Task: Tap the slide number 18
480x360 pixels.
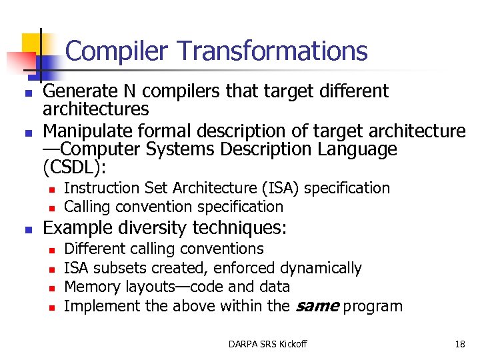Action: click(460, 344)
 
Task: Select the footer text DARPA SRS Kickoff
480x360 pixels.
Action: click(267, 344)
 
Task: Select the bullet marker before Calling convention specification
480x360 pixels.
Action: click(51, 208)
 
